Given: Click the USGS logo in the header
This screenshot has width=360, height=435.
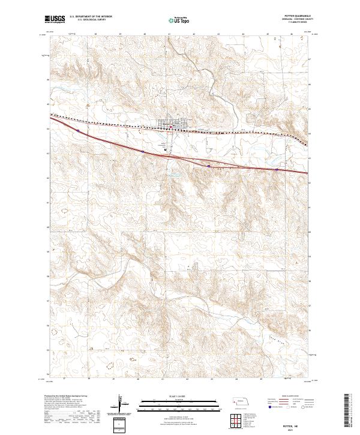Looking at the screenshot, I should coord(55,19).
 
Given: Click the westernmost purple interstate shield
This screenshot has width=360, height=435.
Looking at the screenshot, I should coord(78,128).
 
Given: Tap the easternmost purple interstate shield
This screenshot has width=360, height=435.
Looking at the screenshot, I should coord(277,169).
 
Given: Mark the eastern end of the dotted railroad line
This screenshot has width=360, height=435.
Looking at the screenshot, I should coord(307,144).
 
